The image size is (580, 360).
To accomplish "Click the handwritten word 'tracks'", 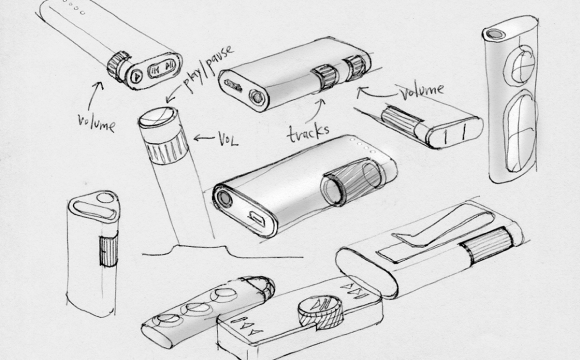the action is click(x=308, y=134).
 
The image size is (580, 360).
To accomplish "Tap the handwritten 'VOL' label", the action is click(x=228, y=139).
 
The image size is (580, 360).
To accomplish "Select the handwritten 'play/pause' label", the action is click(x=208, y=68).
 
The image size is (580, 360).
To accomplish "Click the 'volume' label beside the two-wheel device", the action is click(x=421, y=91).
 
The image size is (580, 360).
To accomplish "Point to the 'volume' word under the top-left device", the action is click(x=96, y=123).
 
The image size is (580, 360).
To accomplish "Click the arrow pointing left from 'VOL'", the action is click(x=204, y=138).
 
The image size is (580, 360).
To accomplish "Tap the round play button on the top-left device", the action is click(x=136, y=76).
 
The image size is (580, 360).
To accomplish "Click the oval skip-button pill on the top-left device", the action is click(x=162, y=68).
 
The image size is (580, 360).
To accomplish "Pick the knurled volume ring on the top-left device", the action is click(x=118, y=66).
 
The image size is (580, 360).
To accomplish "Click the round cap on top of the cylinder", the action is click(x=157, y=117).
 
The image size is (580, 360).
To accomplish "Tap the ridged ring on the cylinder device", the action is click(x=167, y=147).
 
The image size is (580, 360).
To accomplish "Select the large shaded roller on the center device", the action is click(x=351, y=181).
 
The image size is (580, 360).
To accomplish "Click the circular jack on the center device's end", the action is click(x=224, y=199).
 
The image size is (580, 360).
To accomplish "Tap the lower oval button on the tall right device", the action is click(x=521, y=132).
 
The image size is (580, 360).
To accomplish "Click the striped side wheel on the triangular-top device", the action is click(x=109, y=250).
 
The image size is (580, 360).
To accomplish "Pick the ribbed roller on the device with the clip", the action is click(x=488, y=245).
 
